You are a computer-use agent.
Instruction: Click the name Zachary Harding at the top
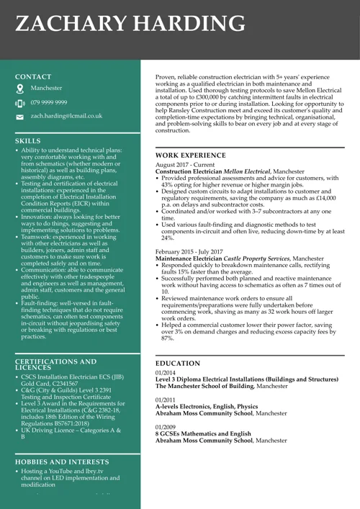[x=130, y=24]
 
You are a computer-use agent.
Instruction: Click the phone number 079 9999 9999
[x=49, y=102]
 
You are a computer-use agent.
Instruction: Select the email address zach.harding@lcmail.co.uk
[x=66, y=115]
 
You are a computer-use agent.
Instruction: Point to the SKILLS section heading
[x=28, y=141]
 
